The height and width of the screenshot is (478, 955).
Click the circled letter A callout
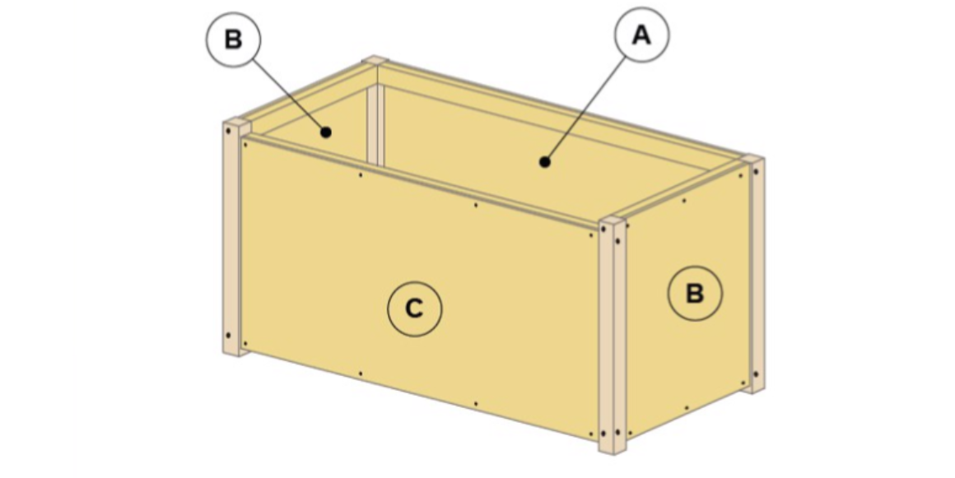[x=641, y=35]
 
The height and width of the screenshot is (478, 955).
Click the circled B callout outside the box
[x=233, y=39]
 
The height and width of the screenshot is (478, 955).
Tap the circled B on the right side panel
[x=695, y=294]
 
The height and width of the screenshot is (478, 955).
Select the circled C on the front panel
[x=414, y=309]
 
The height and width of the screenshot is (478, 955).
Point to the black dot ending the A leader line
[x=545, y=162]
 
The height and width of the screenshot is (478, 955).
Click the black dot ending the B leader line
[x=326, y=132]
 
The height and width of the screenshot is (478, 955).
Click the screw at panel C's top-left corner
[x=245, y=145]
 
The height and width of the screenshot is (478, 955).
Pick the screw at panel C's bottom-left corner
[x=245, y=344]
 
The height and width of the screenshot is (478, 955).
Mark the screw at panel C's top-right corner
[x=591, y=235]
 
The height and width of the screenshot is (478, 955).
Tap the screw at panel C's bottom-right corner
[x=591, y=434]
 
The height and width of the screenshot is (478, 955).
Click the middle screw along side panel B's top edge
[x=684, y=201]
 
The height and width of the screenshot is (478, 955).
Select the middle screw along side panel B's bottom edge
[x=687, y=408]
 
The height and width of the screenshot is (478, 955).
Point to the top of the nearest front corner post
[x=613, y=220]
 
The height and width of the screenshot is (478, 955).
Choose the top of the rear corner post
[x=375, y=60]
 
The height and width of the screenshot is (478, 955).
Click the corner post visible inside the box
[x=375, y=125]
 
